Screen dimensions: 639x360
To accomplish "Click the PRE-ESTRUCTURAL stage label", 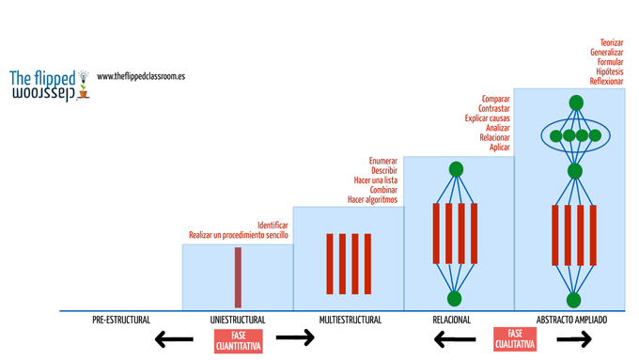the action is [121, 320].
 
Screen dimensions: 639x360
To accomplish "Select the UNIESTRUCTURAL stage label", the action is [238, 320].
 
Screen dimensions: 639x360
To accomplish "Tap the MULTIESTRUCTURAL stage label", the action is [351, 320].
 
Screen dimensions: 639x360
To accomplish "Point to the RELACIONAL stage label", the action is [452, 320].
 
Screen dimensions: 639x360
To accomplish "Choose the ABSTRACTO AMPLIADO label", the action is [571, 320].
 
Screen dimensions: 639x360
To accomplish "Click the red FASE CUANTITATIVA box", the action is [239, 341].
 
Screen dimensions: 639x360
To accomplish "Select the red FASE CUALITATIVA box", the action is [515, 338].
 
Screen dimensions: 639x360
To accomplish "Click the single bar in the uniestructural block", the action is [238, 277].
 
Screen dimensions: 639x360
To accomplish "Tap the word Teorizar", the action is [612, 42].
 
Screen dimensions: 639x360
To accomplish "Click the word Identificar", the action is [273, 225].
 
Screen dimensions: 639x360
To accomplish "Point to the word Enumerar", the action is [383, 161].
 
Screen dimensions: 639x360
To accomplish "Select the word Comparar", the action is [495, 99].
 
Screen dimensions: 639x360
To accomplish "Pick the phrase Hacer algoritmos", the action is [372, 200].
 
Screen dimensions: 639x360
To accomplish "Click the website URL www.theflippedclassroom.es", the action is [141, 76].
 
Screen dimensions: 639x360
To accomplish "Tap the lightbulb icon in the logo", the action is [84, 76].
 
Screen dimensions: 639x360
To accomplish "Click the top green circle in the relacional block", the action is [456, 169].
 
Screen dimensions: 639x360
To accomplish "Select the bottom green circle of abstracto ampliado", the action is [573, 300].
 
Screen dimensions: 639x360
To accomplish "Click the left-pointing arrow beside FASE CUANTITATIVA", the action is [174, 338].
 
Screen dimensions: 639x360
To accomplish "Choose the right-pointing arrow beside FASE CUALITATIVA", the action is [574, 338].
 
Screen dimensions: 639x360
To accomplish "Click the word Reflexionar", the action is [606, 81].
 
